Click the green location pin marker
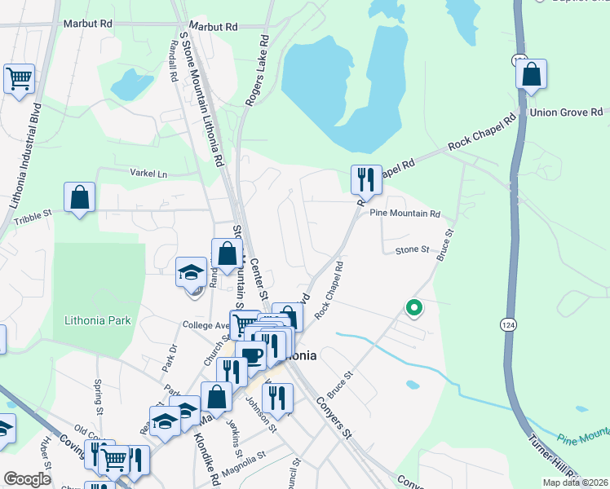413,308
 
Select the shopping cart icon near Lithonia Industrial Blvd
19,79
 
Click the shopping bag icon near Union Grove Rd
531,74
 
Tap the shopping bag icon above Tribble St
80,197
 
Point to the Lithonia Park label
97,320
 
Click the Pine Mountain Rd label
404,214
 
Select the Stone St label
412,250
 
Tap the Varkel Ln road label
148,173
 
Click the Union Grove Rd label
565,112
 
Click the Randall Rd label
174,61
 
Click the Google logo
28,479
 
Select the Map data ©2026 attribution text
575,482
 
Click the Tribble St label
33,216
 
